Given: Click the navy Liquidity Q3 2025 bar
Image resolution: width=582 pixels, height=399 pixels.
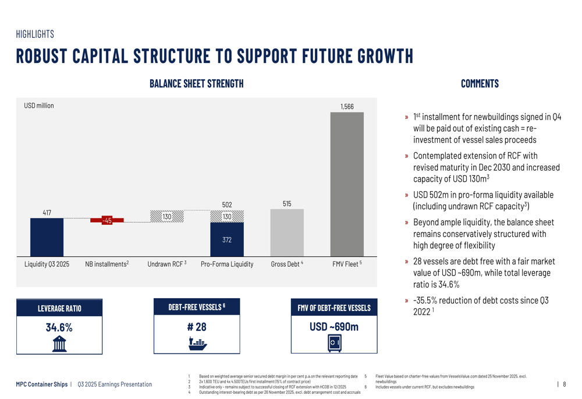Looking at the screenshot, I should point(47,237).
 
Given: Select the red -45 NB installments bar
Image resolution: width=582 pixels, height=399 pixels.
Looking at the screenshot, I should point(107,220).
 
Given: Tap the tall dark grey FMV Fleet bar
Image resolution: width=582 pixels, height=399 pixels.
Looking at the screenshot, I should point(346,183).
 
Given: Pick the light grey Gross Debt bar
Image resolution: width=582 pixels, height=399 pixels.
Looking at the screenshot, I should point(286,232).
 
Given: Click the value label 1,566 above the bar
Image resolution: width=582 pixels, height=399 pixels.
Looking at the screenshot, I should point(347,107).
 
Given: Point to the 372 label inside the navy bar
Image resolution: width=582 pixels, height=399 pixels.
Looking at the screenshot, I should point(227,239).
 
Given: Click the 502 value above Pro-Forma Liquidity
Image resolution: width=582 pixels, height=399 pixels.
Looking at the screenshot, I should point(227,204).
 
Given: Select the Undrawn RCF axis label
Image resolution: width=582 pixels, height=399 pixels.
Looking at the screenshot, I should point(166,264).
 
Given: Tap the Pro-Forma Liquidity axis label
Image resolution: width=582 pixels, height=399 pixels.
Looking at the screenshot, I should point(227,264).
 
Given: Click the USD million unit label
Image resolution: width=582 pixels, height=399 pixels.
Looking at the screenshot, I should point(39,106).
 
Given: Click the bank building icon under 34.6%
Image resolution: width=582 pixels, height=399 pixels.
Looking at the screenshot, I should point(59,344).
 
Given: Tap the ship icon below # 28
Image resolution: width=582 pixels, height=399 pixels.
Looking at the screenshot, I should point(197,343).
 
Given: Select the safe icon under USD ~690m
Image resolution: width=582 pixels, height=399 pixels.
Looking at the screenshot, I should point(334,344).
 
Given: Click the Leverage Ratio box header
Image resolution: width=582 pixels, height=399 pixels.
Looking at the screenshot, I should point(59,308).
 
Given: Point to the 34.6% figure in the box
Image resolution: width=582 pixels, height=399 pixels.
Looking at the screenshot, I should point(59,327).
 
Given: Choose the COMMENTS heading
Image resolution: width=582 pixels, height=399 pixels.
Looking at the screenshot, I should point(480,84).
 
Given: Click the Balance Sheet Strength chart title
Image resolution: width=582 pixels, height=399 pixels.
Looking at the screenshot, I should point(196,84).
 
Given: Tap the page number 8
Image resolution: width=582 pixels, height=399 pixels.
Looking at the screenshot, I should point(564,384).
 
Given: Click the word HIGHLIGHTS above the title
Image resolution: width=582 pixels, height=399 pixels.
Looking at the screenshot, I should point(35,34).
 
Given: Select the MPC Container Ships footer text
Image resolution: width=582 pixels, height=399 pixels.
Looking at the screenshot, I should point(41,384).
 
